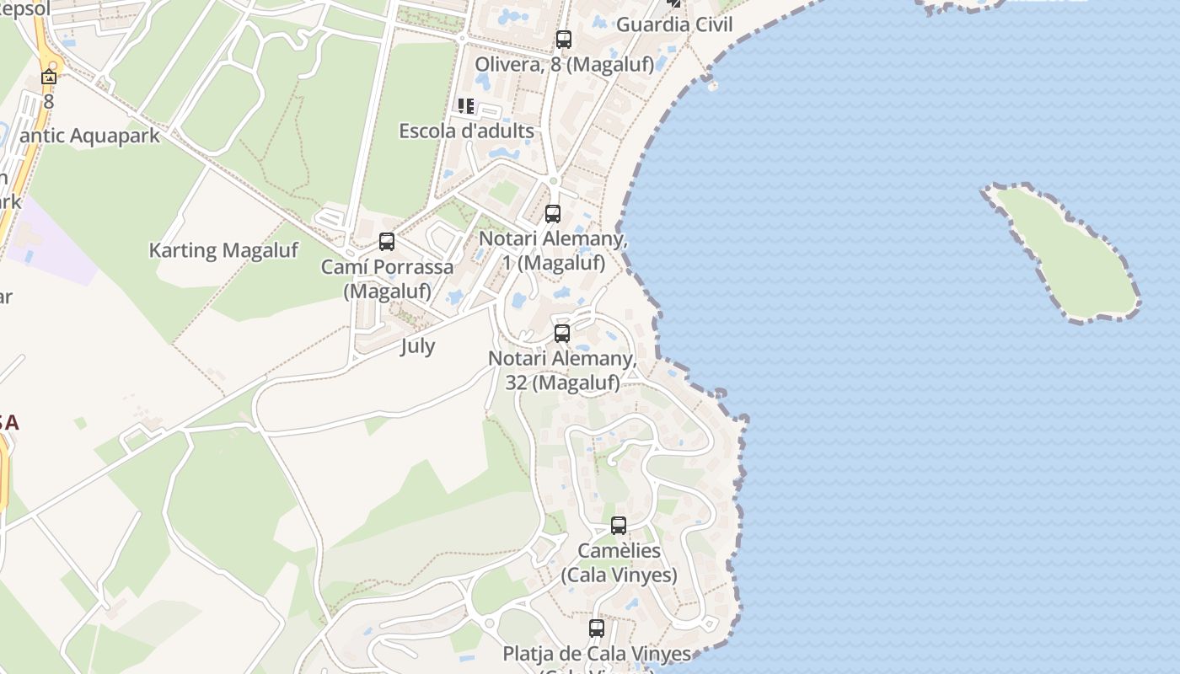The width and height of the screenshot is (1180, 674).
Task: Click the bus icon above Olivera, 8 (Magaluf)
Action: [564, 39]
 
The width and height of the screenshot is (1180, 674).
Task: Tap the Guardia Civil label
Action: [674, 24]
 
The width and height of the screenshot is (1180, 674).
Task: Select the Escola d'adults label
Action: [466, 131]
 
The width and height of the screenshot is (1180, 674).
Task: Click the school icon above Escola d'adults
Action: [466, 106]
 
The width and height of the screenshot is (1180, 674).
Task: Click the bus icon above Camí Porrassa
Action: [387, 242]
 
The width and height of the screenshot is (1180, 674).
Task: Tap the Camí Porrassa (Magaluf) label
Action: [387, 279]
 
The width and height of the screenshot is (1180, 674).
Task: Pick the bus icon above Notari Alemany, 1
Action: [553, 214]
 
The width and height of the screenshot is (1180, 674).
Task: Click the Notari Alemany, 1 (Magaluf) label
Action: [553, 251]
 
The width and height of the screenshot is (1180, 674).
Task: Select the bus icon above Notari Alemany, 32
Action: [562, 334]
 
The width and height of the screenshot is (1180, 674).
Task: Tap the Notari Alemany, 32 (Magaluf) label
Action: [562, 371]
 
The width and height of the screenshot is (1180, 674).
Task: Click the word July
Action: [417, 346]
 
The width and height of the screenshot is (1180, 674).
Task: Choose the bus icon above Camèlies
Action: [619, 526]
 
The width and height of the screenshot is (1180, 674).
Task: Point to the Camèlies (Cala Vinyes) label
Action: [619, 563]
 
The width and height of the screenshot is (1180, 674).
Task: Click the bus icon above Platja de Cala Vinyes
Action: [597, 629]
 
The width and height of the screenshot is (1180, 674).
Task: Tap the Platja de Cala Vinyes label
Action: [597, 654]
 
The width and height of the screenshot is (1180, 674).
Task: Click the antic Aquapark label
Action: [89, 136]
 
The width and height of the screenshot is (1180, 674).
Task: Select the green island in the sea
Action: [1067, 254]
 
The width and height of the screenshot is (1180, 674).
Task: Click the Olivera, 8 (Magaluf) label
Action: [564, 64]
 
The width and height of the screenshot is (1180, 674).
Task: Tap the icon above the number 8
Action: [49, 78]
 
